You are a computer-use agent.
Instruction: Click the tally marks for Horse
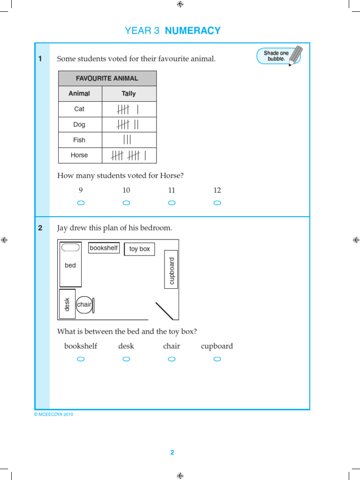click(x=128, y=155)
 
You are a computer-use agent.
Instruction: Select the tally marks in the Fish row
click(x=127, y=140)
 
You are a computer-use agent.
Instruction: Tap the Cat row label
click(x=79, y=109)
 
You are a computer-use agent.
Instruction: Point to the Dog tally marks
click(x=128, y=124)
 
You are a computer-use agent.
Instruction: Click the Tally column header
click(x=128, y=94)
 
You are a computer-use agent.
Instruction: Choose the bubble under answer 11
click(x=172, y=203)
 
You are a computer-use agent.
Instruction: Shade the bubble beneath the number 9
click(x=81, y=203)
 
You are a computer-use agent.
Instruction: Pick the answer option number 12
click(x=217, y=190)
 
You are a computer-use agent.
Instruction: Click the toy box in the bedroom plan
click(x=139, y=249)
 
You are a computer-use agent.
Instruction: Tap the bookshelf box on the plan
click(x=104, y=248)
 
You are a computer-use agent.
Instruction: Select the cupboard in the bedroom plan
click(x=171, y=270)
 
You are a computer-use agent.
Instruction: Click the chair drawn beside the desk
click(x=85, y=305)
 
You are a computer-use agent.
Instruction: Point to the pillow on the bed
click(x=70, y=247)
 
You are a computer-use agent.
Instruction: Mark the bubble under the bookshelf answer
click(x=81, y=359)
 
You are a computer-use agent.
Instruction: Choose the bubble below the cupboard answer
click(x=217, y=359)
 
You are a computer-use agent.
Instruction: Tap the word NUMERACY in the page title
click(x=192, y=31)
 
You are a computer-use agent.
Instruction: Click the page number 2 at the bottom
click(x=172, y=452)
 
